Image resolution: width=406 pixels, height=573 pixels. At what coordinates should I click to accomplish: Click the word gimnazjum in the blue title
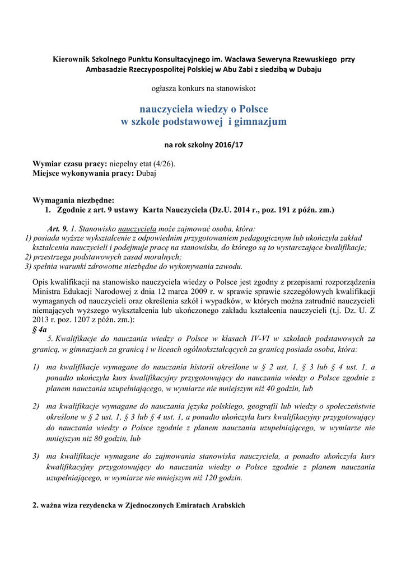261,121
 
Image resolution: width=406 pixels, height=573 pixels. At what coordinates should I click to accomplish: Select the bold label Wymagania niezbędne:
73,200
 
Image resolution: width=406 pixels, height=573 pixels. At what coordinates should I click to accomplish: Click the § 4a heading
40,330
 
